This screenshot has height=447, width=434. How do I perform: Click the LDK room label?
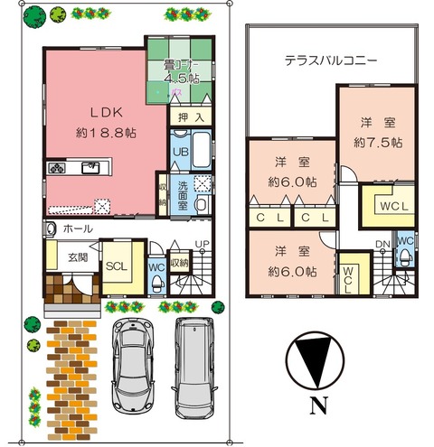coord(99,113)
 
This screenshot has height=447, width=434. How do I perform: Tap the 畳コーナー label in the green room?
coord(180,65)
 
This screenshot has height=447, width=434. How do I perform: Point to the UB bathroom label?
coord(179,152)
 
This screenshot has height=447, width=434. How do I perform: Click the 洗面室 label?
coord(182,192)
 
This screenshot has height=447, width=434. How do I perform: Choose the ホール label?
coord(76,229)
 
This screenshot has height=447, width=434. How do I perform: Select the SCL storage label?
coord(116,267)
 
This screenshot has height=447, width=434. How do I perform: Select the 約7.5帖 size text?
coord(372,142)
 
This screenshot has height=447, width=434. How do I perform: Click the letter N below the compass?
coord(318,405)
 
